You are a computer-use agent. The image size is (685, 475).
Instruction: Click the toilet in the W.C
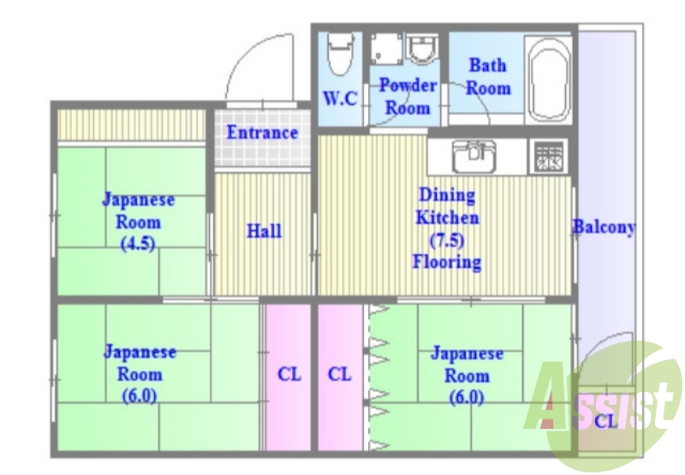click(x=339, y=53)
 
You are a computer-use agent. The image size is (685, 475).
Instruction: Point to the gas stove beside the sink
click(x=548, y=157)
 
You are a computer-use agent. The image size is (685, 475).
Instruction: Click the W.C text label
click(x=340, y=98)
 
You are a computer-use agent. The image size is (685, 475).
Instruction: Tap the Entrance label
click(x=262, y=133)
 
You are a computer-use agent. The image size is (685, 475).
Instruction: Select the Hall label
click(x=264, y=231)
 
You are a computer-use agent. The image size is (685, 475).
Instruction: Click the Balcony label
click(x=604, y=228)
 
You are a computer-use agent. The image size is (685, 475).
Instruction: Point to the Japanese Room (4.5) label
click(x=138, y=221)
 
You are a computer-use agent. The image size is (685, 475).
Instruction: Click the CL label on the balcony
click(x=605, y=421)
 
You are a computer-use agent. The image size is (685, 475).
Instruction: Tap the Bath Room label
click(x=488, y=76)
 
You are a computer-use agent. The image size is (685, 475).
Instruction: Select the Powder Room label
click(x=408, y=96)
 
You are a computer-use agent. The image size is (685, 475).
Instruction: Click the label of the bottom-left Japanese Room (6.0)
click(x=140, y=374)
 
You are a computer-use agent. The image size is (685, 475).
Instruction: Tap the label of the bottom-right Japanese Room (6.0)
click(x=467, y=374)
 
